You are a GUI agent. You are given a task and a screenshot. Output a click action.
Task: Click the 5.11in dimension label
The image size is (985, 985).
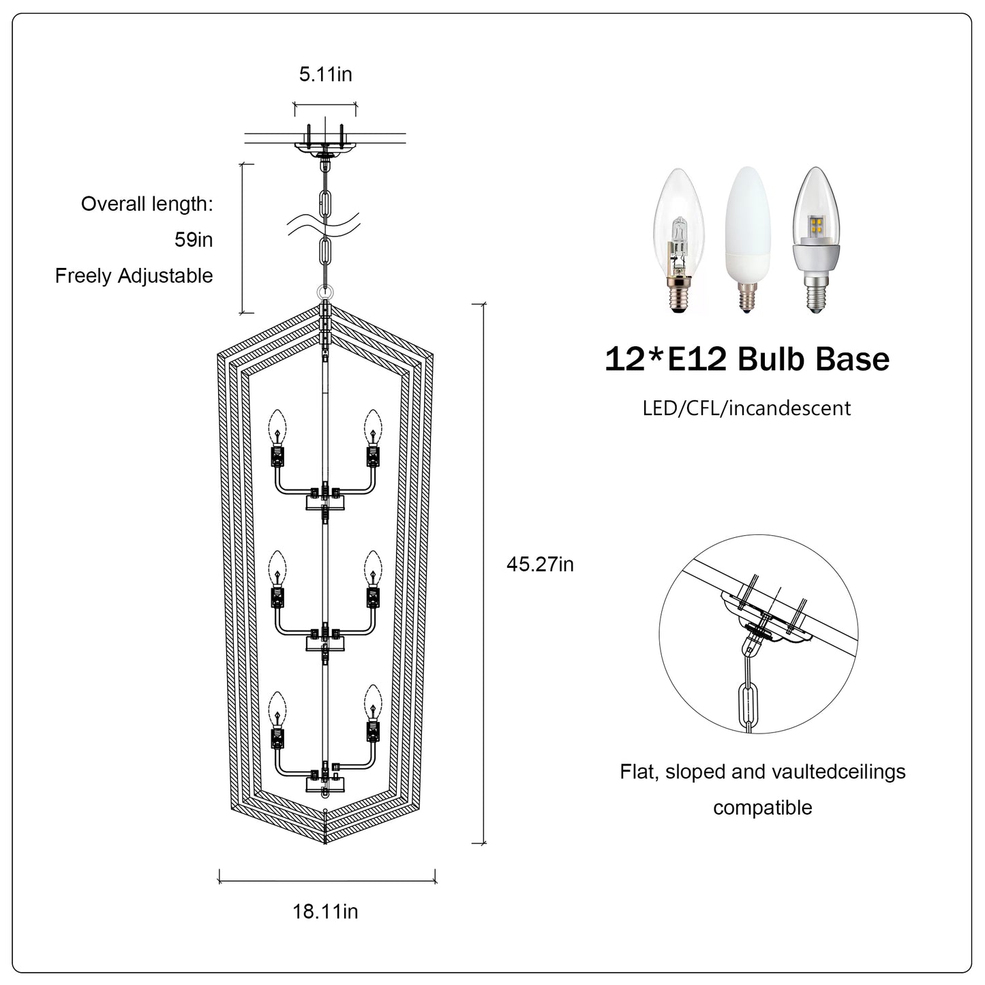(326, 74)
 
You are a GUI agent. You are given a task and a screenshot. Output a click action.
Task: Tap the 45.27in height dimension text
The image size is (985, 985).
(541, 564)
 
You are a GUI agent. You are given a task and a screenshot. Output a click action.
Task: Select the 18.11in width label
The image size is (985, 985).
(326, 911)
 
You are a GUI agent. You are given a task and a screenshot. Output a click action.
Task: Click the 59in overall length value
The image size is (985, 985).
(194, 240)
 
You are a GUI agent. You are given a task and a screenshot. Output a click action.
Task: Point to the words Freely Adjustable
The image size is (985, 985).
(134, 276)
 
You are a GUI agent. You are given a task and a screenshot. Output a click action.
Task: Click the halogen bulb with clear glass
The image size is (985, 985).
(679, 240)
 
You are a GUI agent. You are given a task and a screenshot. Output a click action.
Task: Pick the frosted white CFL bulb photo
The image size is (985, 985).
(747, 239)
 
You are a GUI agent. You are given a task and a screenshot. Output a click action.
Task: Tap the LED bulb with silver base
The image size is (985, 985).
(817, 239)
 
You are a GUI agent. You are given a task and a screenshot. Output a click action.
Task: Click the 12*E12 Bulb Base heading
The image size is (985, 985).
(747, 359)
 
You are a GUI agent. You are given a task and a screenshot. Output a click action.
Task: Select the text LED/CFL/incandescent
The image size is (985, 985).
(747, 408)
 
